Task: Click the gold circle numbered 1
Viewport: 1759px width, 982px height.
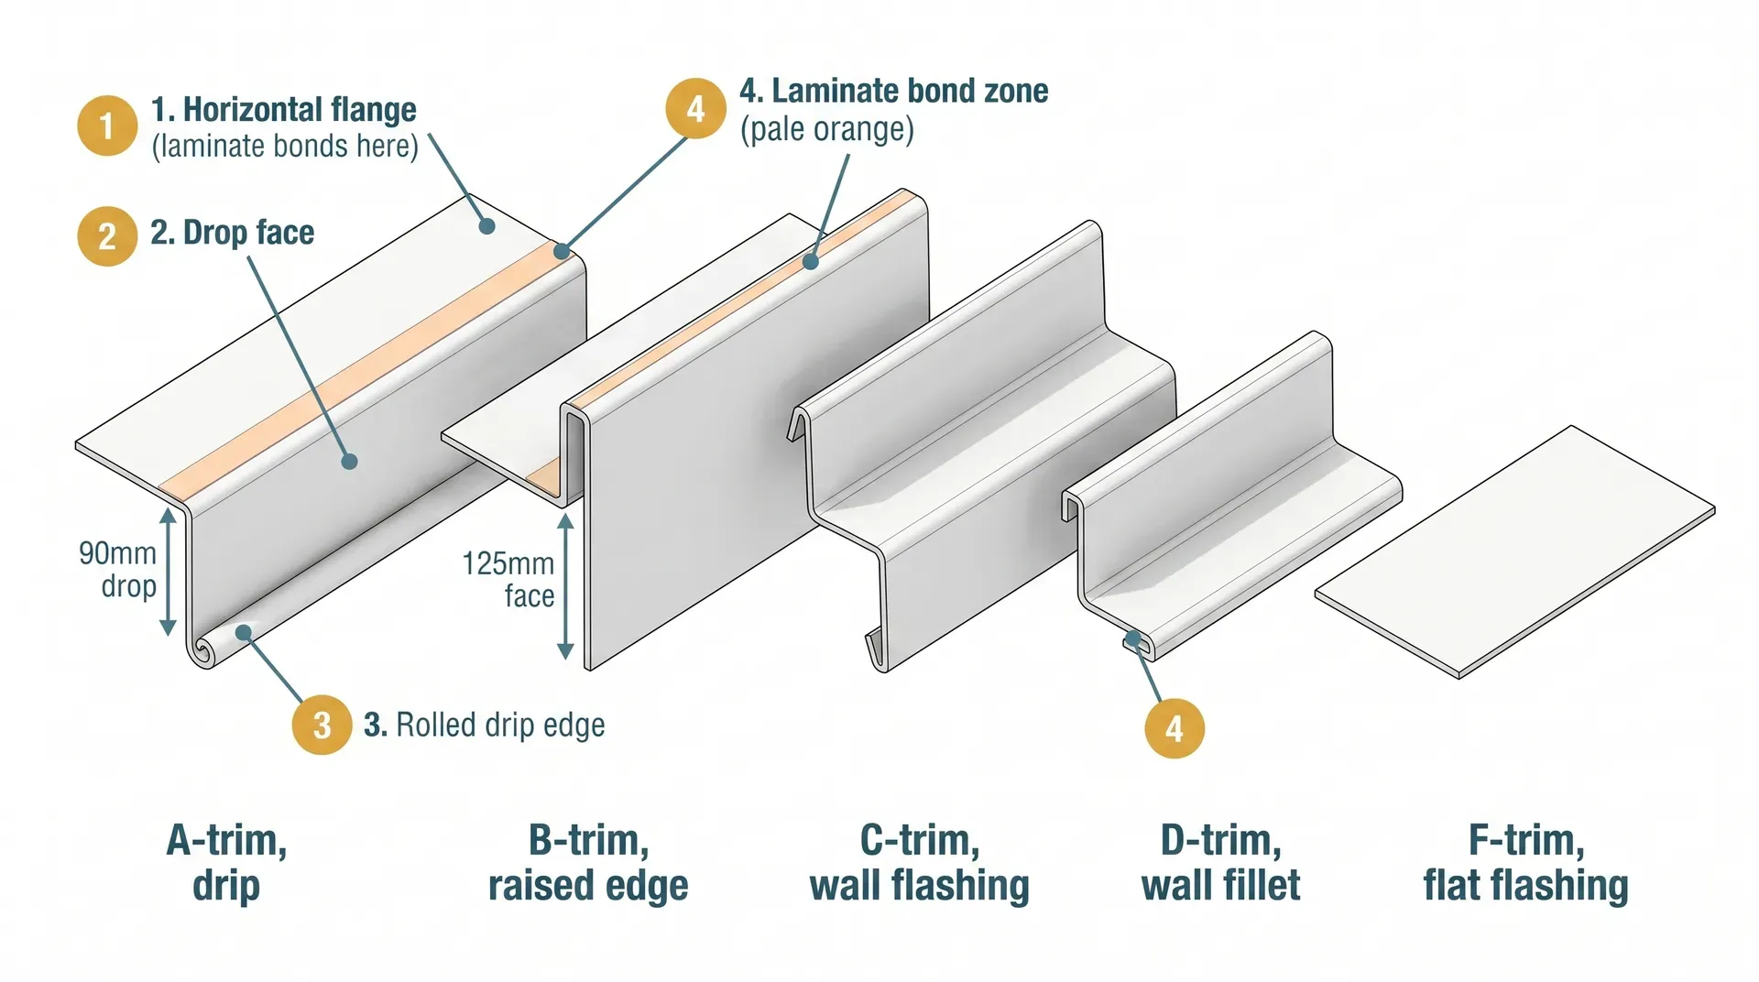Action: [107, 125]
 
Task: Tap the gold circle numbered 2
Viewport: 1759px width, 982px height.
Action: [107, 235]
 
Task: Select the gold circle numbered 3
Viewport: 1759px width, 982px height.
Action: [322, 725]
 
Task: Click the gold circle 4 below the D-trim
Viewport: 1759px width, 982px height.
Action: [1174, 728]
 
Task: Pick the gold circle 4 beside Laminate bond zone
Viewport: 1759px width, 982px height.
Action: [695, 108]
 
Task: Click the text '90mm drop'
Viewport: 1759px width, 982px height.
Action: [119, 569]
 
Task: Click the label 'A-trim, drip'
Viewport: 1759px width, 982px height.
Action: [226, 862]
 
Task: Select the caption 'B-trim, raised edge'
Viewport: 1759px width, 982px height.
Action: [588, 862]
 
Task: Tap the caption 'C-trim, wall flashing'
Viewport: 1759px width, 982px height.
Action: [920, 862]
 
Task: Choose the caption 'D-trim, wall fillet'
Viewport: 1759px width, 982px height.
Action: [1220, 862]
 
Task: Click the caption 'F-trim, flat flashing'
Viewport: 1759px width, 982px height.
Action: [1525, 862]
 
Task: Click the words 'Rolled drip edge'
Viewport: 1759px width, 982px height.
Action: [499, 725]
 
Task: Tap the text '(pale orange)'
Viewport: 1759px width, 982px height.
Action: [826, 129]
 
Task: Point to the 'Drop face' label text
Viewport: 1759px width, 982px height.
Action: [248, 232]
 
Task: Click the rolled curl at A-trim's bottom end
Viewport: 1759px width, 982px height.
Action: [202, 651]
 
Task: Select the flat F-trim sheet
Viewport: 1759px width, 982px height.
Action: [1516, 552]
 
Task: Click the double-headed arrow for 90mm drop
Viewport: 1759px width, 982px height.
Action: [168, 572]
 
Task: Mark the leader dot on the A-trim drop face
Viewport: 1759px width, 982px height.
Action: [349, 462]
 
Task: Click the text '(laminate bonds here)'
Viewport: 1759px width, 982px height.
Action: [285, 147]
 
